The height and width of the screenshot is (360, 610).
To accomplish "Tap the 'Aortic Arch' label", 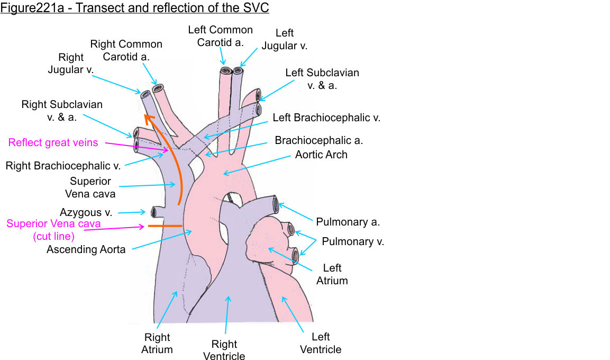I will (321, 155).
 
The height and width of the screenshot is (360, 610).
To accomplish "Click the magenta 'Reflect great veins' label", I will (53, 142).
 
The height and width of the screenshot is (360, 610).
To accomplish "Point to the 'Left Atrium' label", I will (332, 274).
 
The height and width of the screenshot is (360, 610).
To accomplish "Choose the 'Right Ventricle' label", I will (224, 349).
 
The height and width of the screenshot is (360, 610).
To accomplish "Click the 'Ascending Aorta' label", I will (86, 249).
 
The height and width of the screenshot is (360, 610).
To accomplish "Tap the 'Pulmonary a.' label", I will (348, 222).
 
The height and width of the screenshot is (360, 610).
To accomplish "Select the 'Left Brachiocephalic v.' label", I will (326, 118).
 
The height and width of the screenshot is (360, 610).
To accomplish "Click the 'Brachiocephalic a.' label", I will (318, 140).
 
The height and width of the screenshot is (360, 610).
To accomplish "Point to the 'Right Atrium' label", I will (157, 343).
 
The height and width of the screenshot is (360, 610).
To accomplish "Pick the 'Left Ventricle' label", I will (321, 343).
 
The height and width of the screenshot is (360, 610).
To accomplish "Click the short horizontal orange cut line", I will (165, 226).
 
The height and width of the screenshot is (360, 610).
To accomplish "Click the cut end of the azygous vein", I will (154, 212).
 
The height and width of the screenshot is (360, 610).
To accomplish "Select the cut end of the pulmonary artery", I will (275, 204).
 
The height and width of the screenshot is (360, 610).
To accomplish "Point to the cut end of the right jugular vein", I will (145, 94).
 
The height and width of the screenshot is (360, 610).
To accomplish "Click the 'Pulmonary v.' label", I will (353, 241).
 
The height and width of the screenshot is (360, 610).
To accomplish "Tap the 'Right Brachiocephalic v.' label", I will (63, 166).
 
